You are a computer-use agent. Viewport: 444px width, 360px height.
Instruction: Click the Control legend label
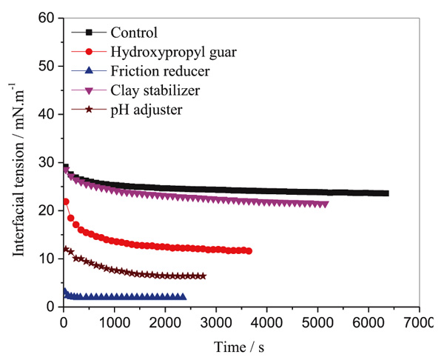tap(134, 32)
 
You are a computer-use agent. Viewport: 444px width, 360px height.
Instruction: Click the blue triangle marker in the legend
tap(89, 71)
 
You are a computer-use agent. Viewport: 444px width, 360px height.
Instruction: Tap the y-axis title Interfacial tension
tap(17, 161)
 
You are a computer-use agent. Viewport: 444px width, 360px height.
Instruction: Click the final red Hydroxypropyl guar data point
tap(249, 251)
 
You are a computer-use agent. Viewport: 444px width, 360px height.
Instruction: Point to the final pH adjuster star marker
tap(203, 276)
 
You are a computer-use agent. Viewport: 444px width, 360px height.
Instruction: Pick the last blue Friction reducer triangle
tap(183, 296)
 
